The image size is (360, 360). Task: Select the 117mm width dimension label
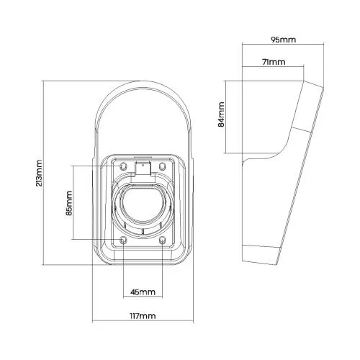pos(143,316)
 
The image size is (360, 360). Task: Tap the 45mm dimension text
pos(143,292)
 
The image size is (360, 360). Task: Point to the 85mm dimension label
pos(68,204)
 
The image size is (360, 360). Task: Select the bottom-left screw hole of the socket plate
pos(123,240)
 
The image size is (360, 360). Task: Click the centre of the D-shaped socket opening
pos(143,205)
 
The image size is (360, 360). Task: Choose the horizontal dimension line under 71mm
pos(274,69)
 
